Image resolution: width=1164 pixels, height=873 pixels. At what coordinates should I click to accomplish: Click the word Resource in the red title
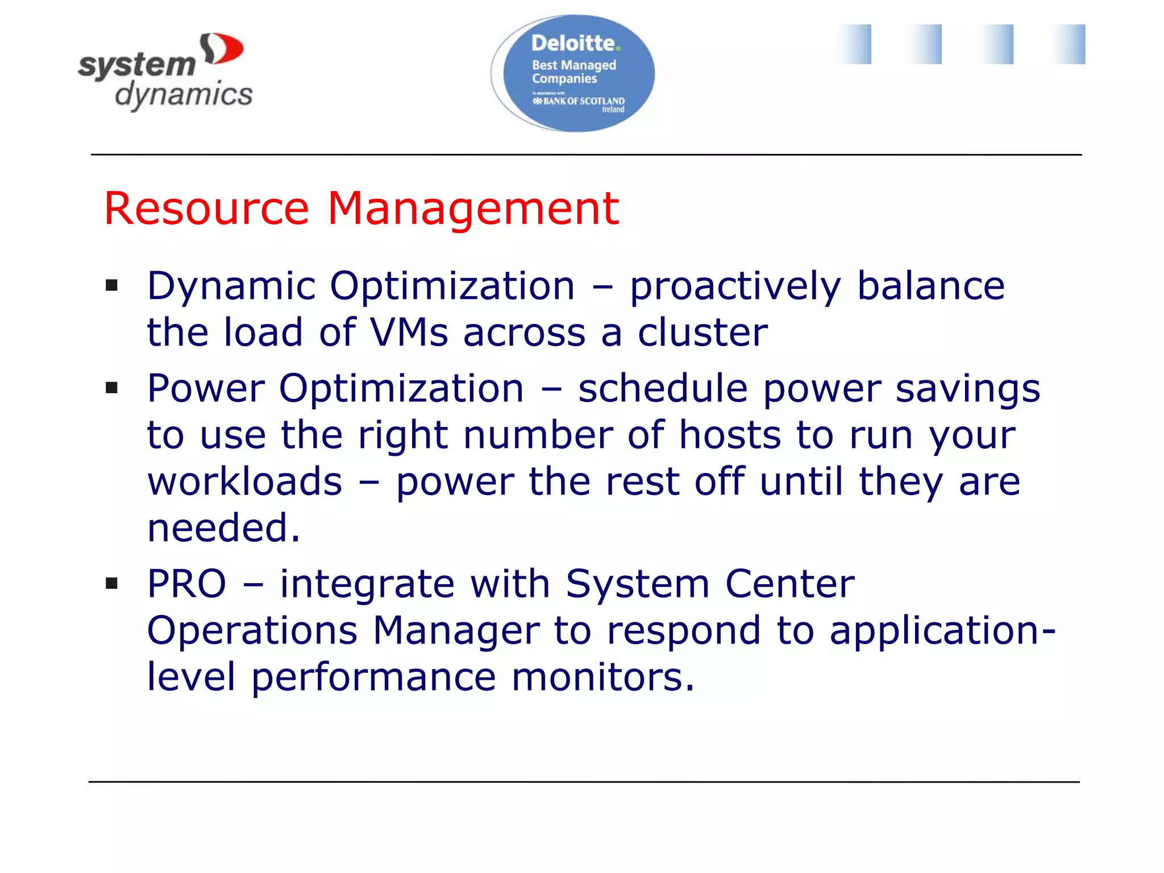point(206,209)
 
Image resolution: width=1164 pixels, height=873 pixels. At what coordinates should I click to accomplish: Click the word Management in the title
point(473,209)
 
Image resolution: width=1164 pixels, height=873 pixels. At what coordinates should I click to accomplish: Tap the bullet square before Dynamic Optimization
point(111,285)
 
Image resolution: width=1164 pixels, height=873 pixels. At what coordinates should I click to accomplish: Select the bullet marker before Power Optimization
point(111,388)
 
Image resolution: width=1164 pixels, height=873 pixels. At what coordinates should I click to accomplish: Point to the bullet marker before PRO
point(111,583)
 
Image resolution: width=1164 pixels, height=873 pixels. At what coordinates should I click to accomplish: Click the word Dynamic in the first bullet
point(231,286)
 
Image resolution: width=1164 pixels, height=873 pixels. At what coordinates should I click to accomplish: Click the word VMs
point(409,332)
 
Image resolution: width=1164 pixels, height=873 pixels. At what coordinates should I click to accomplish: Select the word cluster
point(702,332)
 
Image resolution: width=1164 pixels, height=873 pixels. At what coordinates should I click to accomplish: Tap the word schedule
point(663,389)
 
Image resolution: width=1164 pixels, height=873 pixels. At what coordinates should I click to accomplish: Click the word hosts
point(730,435)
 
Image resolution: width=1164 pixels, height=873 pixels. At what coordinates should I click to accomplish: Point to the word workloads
point(245,482)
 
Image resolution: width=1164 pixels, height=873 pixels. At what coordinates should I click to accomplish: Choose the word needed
point(223,529)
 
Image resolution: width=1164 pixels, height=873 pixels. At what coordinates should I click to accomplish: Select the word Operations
point(252,631)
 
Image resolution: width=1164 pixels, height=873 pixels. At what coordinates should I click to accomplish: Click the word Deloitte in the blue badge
point(573,43)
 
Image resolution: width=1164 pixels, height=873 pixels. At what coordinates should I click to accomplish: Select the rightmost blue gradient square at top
point(1067,44)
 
